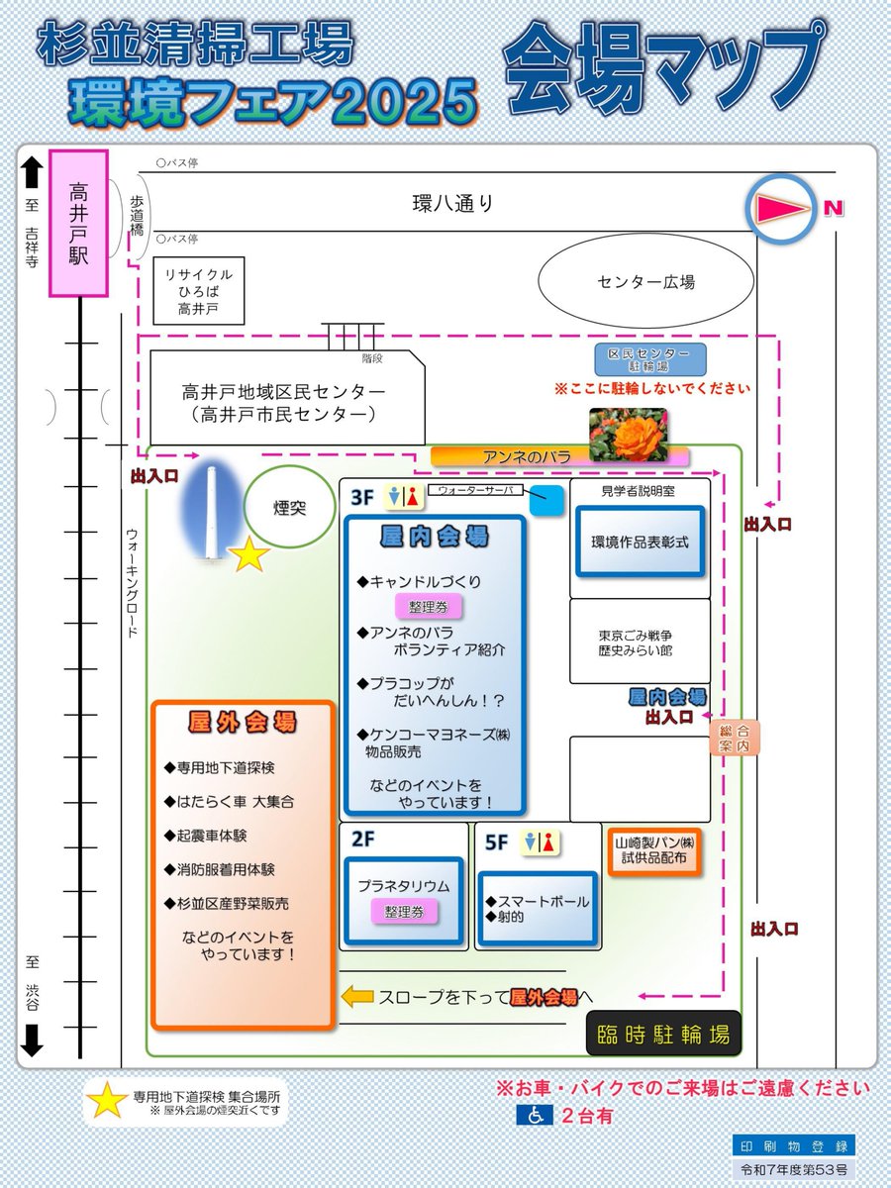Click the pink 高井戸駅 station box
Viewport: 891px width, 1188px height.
[x=78, y=224]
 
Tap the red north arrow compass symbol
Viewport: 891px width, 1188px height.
[x=782, y=209]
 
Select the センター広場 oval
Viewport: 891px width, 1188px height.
[x=645, y=282]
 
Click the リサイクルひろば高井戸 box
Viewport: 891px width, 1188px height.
[x=198, y=291]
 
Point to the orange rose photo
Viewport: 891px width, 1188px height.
[x=628, y=435]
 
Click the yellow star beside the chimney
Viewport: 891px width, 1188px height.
[x=249, y=556]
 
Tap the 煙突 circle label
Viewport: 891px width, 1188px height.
[x=289, y=509]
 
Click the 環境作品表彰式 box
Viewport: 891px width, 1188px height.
[x=640, y=542]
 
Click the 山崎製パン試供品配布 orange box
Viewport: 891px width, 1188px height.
[x=654, y=851]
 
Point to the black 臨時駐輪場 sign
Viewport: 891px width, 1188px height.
[x=663, y=1036]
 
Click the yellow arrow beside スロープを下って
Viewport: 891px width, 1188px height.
[x=356, y=997]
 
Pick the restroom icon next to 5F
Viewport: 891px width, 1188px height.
[x=541, y=842]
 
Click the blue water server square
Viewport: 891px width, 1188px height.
[x=545, y=501]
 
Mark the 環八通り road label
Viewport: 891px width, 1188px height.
[x=452, y=204]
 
